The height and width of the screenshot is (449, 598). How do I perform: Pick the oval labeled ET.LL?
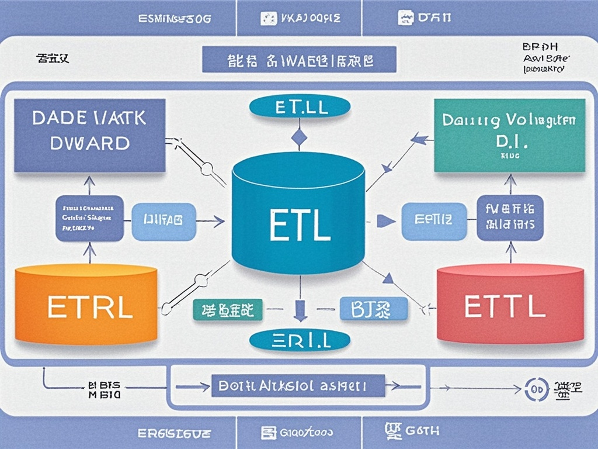[299, 107]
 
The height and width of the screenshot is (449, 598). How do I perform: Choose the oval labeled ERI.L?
[299, 340]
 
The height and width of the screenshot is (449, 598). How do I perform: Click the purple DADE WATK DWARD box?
[89, 135]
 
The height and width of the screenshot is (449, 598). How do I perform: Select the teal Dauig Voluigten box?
[510, 135]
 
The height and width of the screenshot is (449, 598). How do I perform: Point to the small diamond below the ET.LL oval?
[299, 138]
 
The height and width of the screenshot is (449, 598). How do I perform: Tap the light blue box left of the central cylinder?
[164, 222]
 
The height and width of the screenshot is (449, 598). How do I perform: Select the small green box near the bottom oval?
[227, 310]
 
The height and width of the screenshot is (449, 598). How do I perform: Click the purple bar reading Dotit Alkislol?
[298, 386]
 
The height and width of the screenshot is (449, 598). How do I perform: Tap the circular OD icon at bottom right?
[536, 388]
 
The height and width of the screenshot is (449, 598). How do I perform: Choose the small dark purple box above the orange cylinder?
[89, 219]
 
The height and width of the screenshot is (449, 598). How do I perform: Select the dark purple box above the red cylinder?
[510, 217]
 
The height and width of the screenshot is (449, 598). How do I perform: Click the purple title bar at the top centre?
[299, 60]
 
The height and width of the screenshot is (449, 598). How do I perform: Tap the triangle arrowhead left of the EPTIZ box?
[384, 221]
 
